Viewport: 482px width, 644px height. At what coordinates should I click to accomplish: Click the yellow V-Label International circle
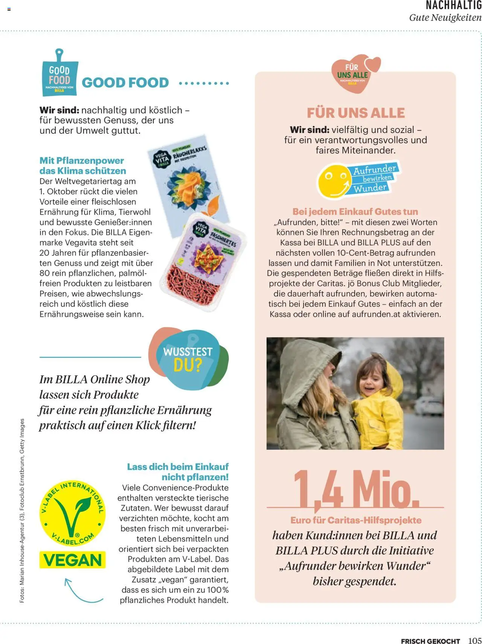tap(73, 513)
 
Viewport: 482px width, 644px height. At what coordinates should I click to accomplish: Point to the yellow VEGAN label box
tap(73, 560)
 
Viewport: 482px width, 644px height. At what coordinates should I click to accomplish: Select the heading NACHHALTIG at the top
tap(453, 6)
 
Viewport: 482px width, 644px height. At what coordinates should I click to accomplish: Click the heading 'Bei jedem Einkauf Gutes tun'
tap(355, 212)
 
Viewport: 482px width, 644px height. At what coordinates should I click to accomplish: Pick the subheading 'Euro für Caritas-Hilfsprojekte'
tap(355, 520)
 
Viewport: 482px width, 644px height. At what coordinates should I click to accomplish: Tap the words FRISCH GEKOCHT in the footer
tap(430, 641)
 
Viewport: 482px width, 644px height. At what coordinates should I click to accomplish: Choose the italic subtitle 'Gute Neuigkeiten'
tap(445, 18)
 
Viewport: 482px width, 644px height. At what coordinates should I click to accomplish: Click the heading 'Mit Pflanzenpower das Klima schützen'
tap(83, 166)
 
